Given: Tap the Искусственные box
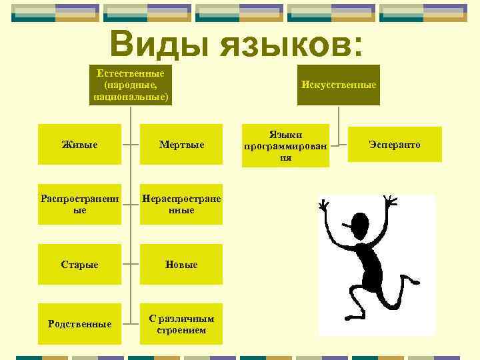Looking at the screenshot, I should pos(339,85).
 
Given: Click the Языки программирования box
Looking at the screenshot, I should pos(287,145).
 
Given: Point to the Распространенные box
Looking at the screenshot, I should pos(79,204).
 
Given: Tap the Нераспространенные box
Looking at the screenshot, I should pos(181,204).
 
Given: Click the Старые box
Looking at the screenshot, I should pos(79,265).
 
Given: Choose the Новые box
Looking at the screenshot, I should pos(181,265).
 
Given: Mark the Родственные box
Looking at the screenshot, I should pos(79,324).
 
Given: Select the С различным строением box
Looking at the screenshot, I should pos(181,324).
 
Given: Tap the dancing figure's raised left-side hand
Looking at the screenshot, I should pos(325,205).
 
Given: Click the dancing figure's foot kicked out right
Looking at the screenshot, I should pos(421,280).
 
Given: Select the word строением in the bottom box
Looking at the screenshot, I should pos(181,330).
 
